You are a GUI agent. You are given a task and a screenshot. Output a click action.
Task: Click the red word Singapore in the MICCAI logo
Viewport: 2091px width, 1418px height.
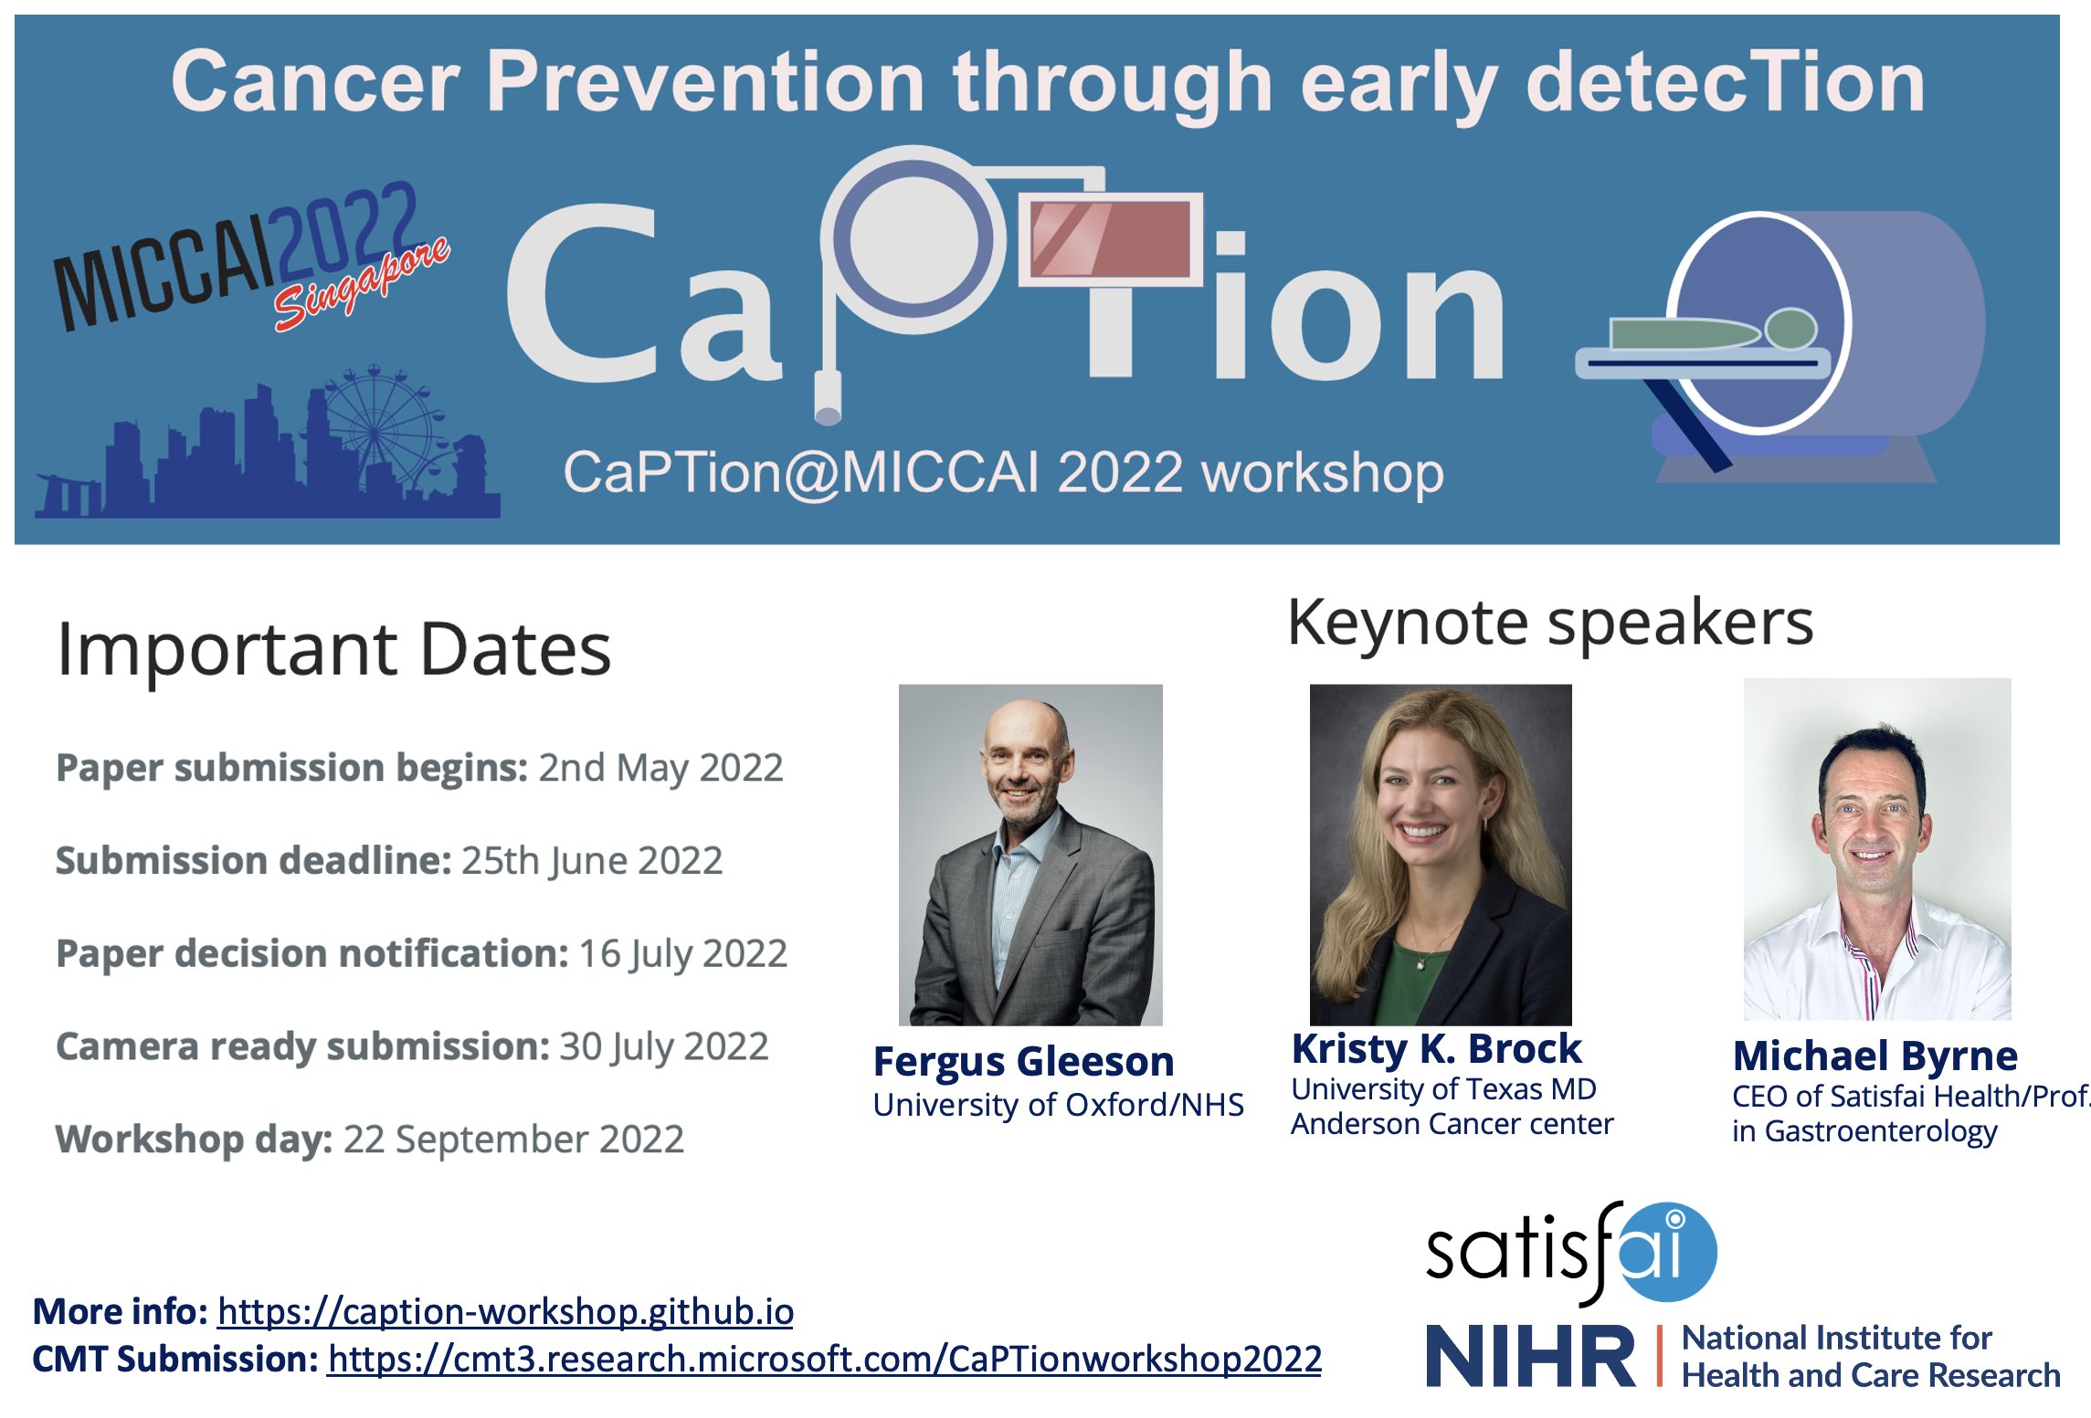[x=362, y=284]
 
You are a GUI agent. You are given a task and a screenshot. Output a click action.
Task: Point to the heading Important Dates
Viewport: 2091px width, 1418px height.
[x=333, y=649]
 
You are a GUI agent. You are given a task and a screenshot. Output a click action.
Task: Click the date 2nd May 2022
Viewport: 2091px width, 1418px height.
[x=660, y=768]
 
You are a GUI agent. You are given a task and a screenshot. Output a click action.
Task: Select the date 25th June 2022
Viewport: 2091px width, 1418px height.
[x=591, y=861]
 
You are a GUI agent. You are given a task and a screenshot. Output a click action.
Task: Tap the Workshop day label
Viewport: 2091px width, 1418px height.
[x=194, y=1140]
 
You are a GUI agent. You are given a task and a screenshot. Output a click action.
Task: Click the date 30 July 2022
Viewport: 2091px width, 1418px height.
[x=663, y=1046]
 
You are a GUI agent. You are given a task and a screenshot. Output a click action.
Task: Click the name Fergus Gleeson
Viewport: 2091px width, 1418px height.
[x=1023, y=1062]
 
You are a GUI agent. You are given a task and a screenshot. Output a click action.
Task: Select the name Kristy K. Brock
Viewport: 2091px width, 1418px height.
[x=1436, y=1049]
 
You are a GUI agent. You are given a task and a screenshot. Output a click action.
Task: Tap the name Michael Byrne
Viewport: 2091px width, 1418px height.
[x=1875, y=1056]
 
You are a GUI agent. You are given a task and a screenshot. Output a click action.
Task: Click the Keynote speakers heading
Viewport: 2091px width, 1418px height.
[x=1549, y=624]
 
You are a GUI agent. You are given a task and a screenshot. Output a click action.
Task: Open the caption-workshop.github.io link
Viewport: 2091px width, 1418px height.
[x=505, y=1312]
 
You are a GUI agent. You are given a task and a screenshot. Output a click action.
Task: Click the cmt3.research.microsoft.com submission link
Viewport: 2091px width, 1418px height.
[x=824, y=1360]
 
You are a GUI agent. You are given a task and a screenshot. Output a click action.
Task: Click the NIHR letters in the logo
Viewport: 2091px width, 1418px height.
[x=1531, y=1358]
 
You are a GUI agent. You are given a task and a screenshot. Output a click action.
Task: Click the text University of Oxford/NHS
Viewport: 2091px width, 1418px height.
[x=1058, y=1106]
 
